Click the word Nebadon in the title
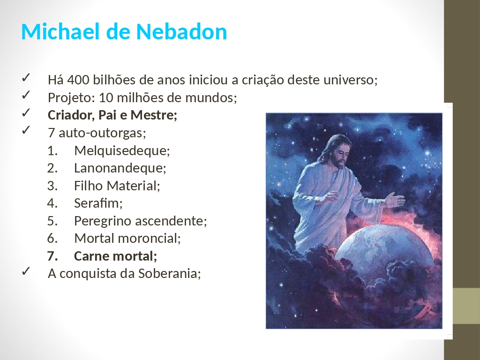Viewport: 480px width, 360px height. pyautogui.click(x=181, y=31)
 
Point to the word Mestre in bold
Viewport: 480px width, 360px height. pyautogui.click(x=154, y=115)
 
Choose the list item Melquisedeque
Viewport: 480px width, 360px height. pyautogui.click(x=122, y=150)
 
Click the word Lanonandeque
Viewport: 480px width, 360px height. pyautogui.click(x=120, y=168)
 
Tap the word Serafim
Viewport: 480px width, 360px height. pyautogui.click(x=98, y=203)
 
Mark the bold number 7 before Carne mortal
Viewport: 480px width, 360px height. pyautogui.click(x=52, y=256)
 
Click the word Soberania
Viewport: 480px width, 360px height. pyautogui.click(x=169, y=274)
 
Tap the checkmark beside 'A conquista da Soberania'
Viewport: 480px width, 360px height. pyautogui.click(x=26, y=270)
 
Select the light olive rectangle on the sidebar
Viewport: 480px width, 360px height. pyautogui.click(x=466, y=306)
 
